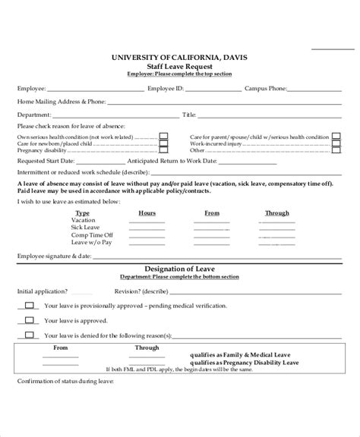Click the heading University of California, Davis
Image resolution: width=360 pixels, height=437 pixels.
pos(180,58)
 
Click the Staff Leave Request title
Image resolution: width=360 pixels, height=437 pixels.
pos(180,66)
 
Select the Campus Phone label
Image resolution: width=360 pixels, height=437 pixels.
pos(266,87)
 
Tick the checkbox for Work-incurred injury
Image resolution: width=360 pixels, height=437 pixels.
pos(335,143)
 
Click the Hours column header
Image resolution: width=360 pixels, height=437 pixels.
pos(147,213)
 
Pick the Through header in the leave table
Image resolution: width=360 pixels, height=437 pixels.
pos(276,213)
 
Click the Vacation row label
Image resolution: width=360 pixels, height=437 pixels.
pos(84,221)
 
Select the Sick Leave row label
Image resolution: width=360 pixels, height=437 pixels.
pos(85,228)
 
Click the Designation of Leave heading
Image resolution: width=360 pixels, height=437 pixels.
pos(180,269)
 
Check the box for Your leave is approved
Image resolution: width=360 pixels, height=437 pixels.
pos(29,320)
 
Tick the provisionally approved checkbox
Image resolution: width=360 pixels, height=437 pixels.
pos(29,305)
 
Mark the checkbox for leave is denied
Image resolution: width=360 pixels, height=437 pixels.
pos(29,335)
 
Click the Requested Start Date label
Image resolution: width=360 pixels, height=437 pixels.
pos(46,161)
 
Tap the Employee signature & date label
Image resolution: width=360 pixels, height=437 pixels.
pos(52,257)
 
